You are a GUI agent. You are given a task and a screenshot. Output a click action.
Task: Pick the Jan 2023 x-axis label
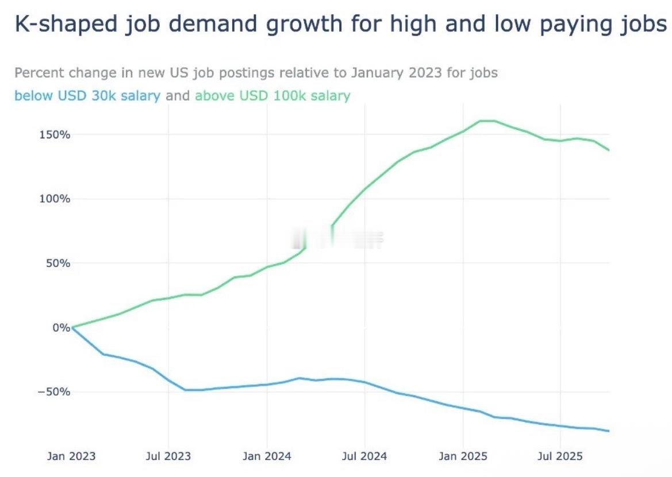click(71, 457)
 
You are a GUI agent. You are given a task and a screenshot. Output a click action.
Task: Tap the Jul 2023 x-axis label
click(169, 457)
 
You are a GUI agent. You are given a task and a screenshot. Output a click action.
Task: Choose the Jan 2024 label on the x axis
click(267, 457)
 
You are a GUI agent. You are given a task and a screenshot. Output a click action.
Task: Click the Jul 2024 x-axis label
click(364, 457)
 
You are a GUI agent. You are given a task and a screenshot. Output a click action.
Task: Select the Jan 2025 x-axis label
click(463, 457)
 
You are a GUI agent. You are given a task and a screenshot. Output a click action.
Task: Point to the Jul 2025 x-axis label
click(560, 457)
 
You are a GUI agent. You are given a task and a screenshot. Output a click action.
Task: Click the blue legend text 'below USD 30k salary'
click(87, 96)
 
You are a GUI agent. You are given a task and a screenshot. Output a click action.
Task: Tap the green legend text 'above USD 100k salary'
click(272, 96)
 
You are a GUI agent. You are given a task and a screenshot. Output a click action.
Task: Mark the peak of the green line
click(487, 121)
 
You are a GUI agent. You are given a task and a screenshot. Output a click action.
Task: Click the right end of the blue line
click(608, 431)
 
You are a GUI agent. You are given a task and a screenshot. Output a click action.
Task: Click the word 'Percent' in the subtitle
click(39, 73)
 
